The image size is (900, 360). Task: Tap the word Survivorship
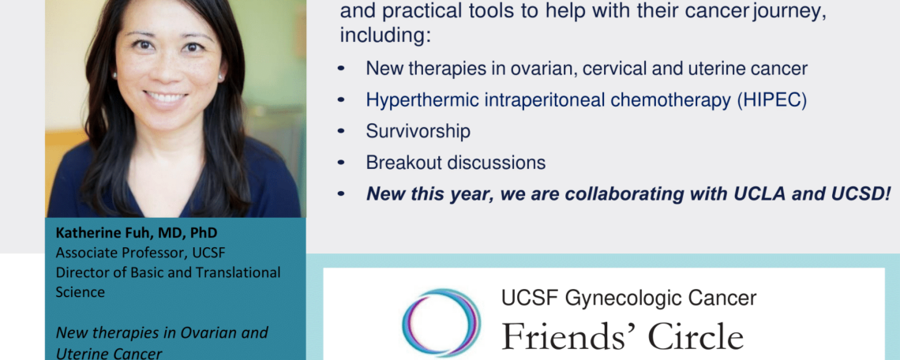coord(418,132)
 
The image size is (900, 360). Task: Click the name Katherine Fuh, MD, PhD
coord(137,234)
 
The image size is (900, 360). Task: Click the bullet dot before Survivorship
coord(342,132)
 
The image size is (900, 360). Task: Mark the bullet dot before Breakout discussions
coord(342,163)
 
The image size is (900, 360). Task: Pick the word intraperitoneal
coord(538,100)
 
